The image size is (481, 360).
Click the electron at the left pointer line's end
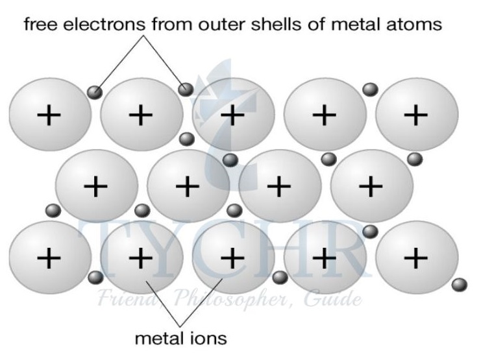pyautogui.click(x=95, y=92)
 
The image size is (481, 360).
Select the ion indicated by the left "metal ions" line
pyautogui.click(x=140, y=258)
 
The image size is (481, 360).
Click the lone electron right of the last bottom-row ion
pyautogui.click(x=459, y=284)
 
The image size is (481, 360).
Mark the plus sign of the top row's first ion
pyautogui.click(x=49, y=115)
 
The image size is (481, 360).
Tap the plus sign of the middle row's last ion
pyautogui.click(x=371, y=187)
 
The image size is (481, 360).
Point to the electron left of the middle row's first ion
pyautogui.click(x=53, y=210)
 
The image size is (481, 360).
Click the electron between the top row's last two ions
pyautogui.click(x=370, y=89)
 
